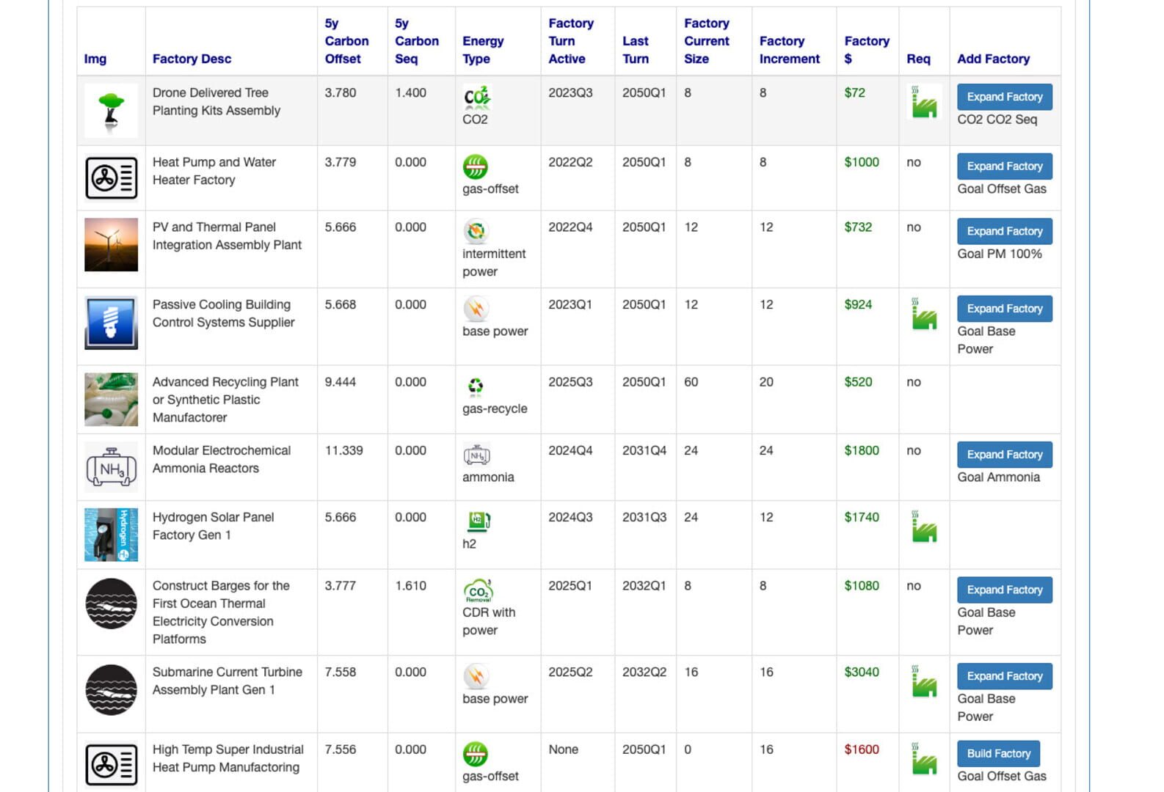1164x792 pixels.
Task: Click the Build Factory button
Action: click(x=998, y=753)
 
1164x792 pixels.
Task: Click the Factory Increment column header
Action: click(x=789, y=50)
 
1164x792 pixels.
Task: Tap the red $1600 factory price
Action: click(x=861, y=749)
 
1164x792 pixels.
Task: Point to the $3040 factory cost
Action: click(x=861, y=672)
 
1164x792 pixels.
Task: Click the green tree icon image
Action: click(x=111, y=111)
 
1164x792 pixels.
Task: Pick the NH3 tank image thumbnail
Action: click(x=111, y=466)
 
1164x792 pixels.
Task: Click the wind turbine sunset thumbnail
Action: click(x=111, y=245)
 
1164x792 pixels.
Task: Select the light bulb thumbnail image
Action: click(x=111, y=323)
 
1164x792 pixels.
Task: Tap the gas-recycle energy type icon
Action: click(x=476, y=386)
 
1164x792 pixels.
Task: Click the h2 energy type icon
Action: click(x=478, y=521)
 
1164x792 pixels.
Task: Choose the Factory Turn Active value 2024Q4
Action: click(x=570, y=450)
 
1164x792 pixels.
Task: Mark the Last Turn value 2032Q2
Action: click(x=644, y=672)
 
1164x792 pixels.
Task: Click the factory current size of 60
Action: click(x=691, y=382)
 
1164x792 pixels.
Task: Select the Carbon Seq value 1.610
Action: click(x=410, y=586)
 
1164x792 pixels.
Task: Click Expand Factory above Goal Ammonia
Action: click(x=1004, y=455)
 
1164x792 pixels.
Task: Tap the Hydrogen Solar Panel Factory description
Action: click(x=213, y=526)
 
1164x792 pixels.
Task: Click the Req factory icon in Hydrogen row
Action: click(x=923, y=527)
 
